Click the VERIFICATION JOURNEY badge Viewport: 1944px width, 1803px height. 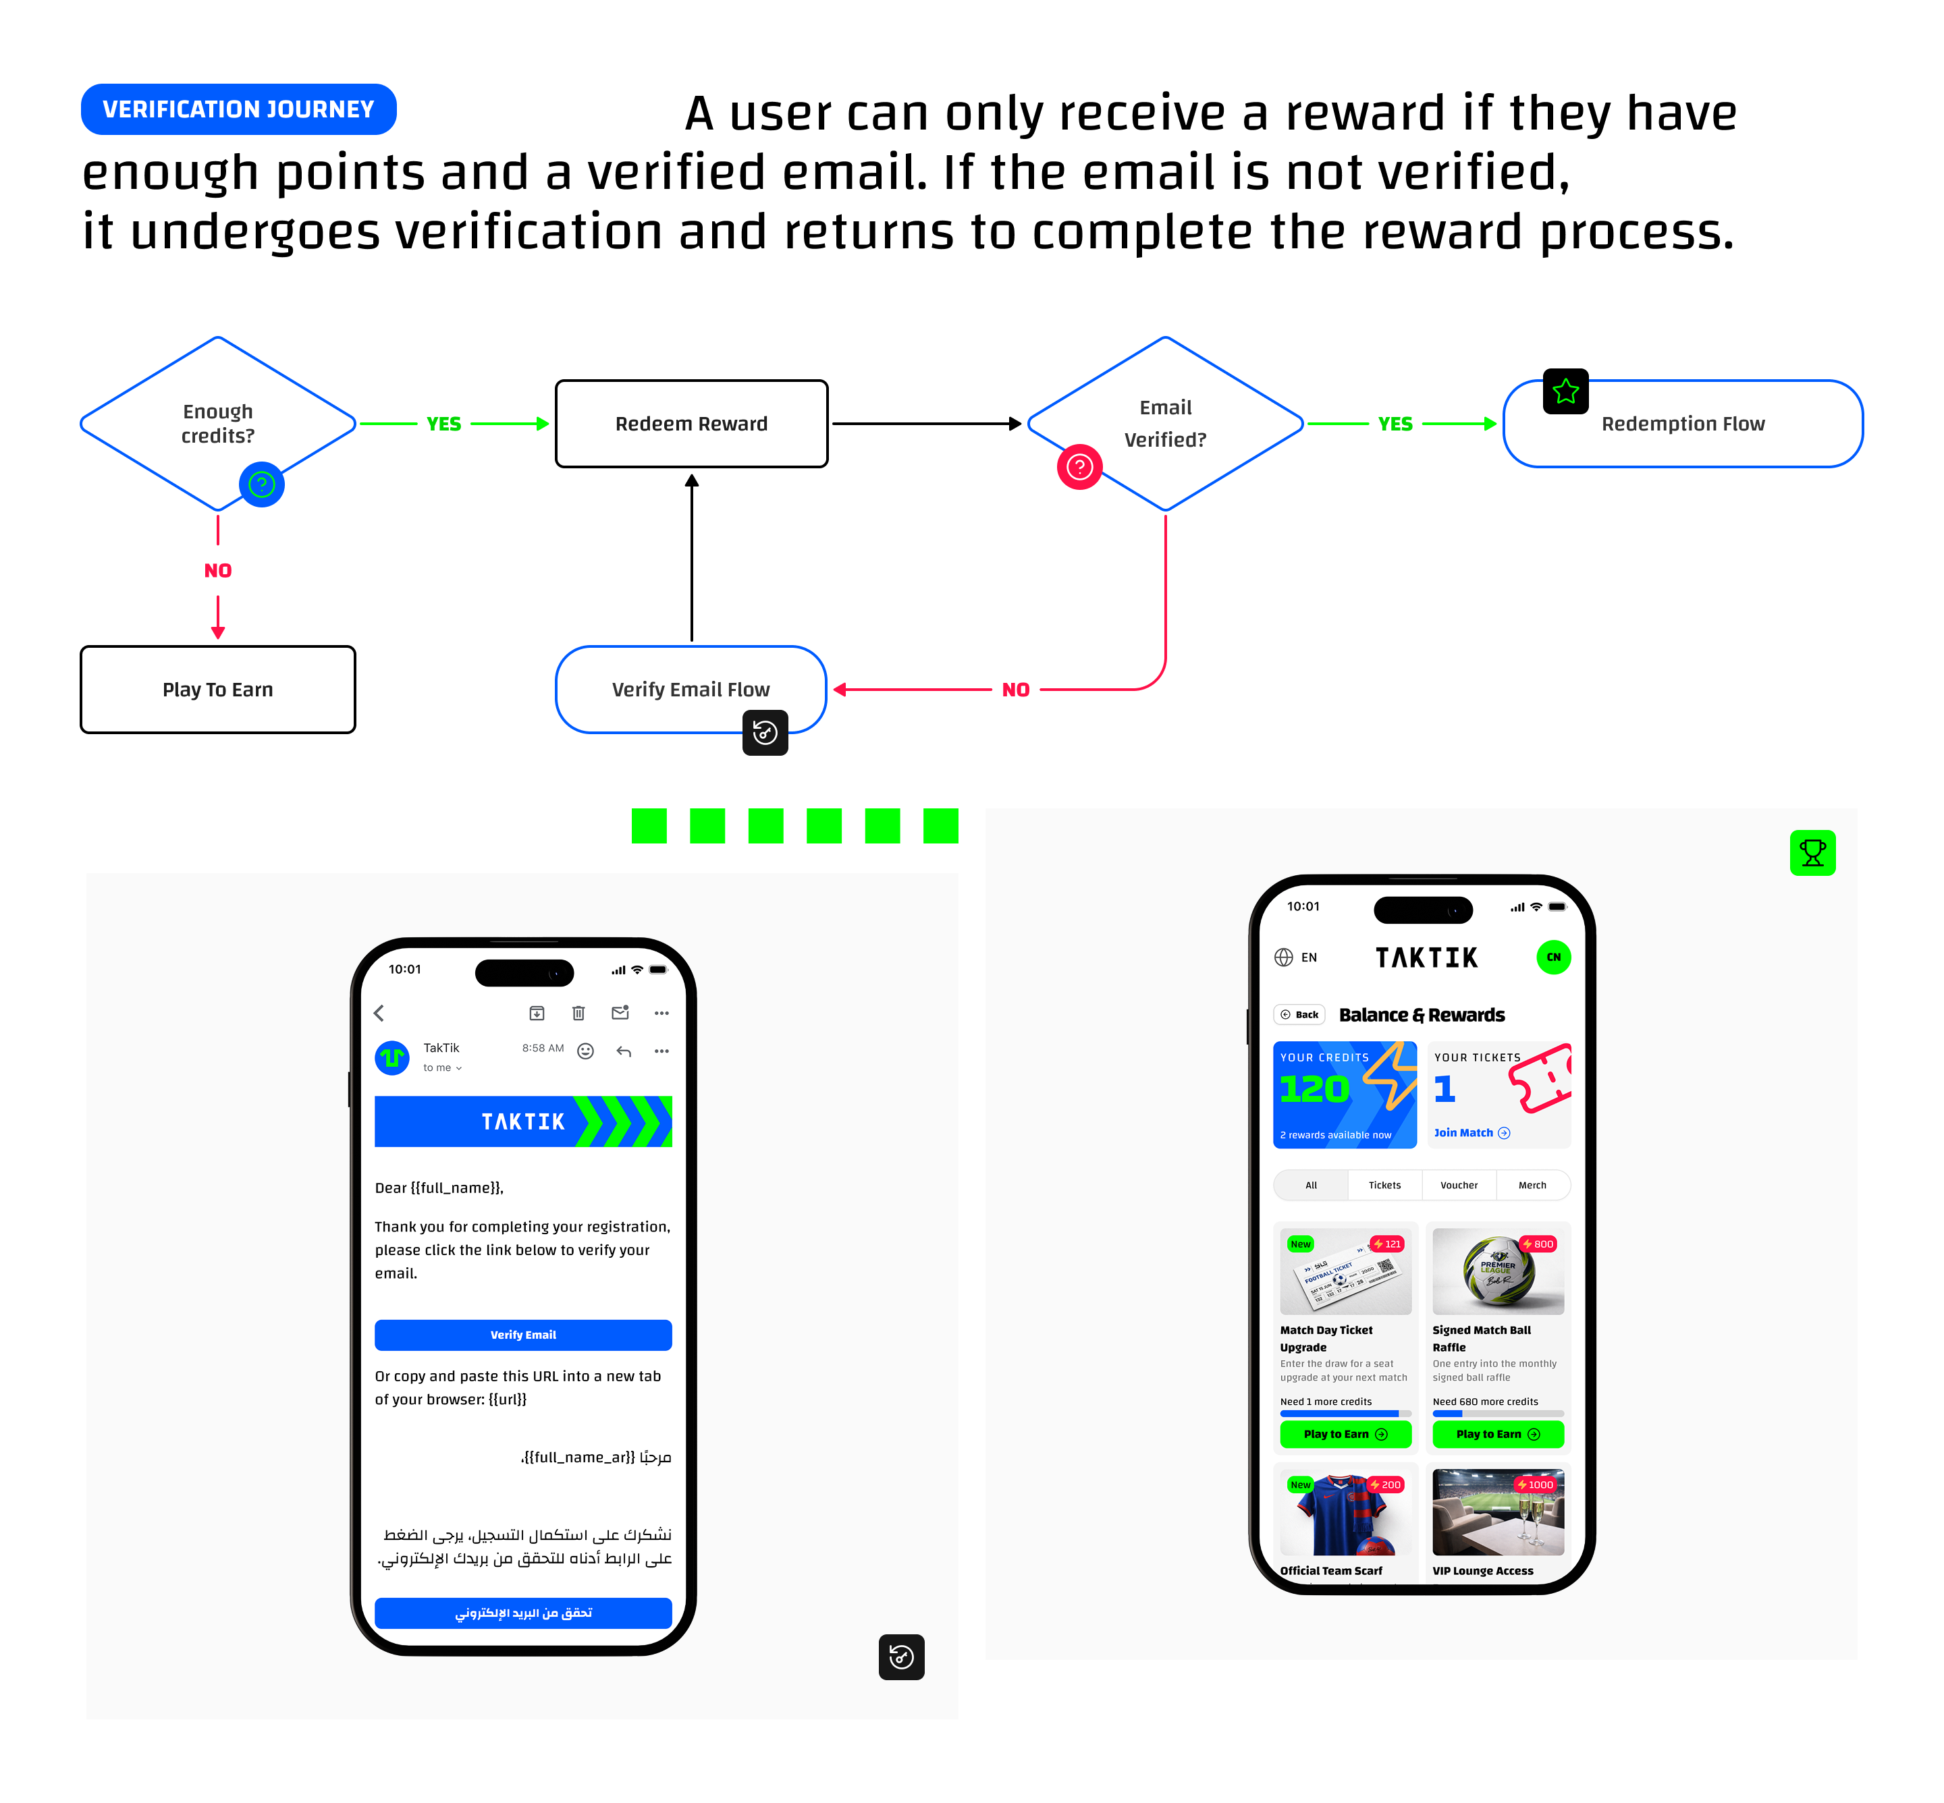click(238, 109)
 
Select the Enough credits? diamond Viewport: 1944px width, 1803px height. click(217, 424)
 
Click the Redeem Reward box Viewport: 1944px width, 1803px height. click(691, 424)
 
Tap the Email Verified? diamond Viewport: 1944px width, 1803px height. click(1165, 424)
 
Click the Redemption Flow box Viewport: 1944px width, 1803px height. click(1683, 424)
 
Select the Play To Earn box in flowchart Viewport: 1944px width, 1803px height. click(217, 689)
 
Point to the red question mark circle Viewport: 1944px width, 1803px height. click(1079, 468)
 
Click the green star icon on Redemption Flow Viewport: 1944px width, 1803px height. click(1565, 391)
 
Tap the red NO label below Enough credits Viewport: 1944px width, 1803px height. click(217, 571)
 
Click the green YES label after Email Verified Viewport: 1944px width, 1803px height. click(1395, 424)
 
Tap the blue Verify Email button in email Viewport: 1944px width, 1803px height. click(523, 1335)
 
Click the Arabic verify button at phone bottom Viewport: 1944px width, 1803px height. click(523, 1613)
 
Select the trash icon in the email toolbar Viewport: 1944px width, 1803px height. click(578, 1013)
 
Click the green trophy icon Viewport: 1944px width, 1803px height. click(1812, 853)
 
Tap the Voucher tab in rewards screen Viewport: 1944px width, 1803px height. click(1458, 1186)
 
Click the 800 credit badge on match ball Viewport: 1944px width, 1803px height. click(1538, 1244)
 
